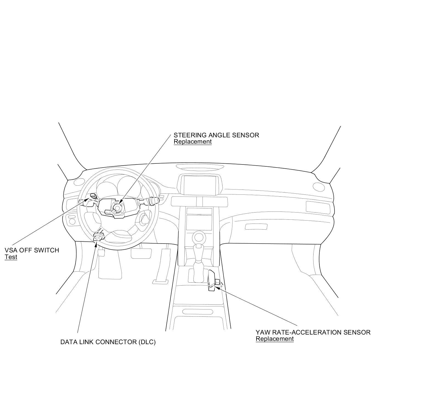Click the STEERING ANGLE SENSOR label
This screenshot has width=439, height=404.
point(216,135)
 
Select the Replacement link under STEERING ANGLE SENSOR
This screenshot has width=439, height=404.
point(193,142)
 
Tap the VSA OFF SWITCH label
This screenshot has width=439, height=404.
point(32,250)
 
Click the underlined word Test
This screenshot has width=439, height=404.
point(11,257)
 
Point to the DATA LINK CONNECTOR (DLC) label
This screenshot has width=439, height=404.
point(108,342)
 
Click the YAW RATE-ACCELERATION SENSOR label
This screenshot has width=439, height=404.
point(313,332)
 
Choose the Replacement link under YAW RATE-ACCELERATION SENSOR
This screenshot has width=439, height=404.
point(274,339)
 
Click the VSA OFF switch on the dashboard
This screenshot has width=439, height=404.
point(93,196)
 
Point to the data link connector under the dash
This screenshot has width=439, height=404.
point(99,236)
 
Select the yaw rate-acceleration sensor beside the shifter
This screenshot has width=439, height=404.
point(217,282)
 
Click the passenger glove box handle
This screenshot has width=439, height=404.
point(256,227)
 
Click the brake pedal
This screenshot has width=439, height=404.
point(141,253)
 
